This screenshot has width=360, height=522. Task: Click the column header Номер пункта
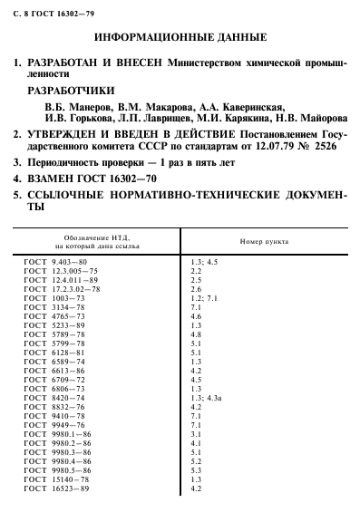[x=263, y=242]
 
